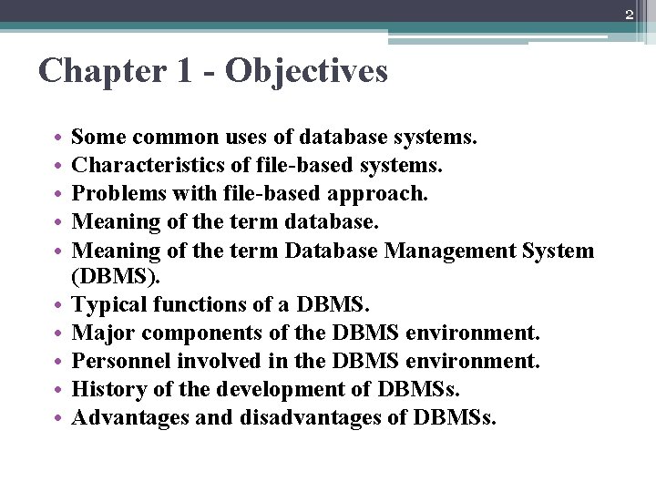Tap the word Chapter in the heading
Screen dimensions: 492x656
point(99,70)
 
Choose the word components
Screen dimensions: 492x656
point(204,333)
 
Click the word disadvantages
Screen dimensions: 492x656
point(319,417)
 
